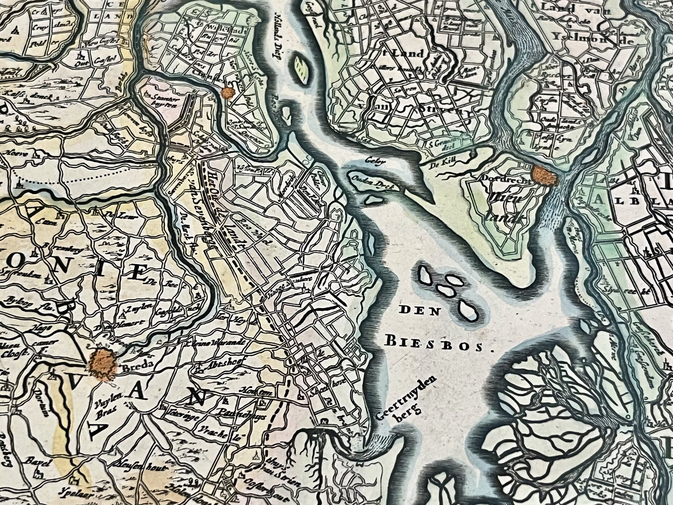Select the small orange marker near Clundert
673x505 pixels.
[228, 93]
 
